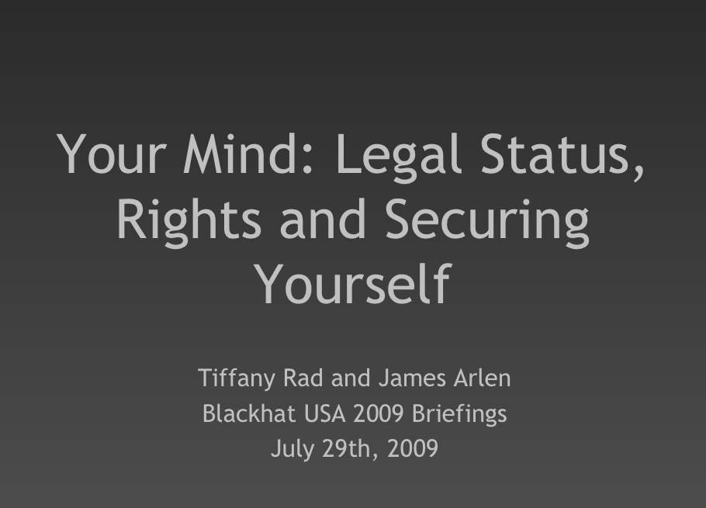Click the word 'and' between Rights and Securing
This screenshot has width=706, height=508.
323,219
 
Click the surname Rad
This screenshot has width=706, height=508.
303,378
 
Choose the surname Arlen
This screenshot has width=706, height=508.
483,378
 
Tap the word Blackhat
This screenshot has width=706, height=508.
249,413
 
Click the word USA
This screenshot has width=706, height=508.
324,413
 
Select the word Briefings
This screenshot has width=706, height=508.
460,414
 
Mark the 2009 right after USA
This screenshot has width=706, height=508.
379,413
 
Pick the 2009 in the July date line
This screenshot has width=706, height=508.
413,448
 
